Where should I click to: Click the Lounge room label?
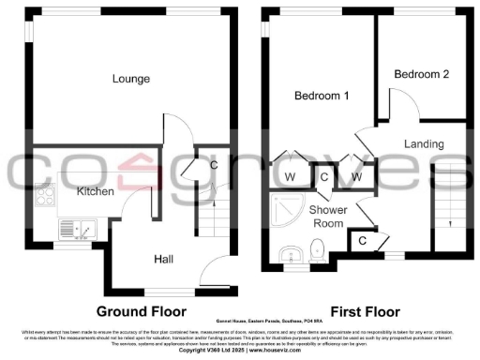pyautogui.click(x=129, y=79)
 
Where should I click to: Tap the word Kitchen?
pyautogui.click(x=95, y=191)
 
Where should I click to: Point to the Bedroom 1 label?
pyautogui.click(x=322, y=96)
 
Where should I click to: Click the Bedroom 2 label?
pyautogui.click(x=415, y=73)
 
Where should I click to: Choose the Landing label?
pyautogui.click(x=424, y=143)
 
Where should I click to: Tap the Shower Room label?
pyautogui.click(x=328, y=217)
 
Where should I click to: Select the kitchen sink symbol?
pyautogui.click(x=72, y=228)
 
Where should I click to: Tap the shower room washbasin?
pyautogui.click(x=291, y=250)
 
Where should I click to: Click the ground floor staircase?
pyautogui.click(x=208, y=221)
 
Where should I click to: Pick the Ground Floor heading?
pyautogui.click(x=141, y=310)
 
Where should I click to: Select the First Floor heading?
pyautogui.click(x=366, y=310)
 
